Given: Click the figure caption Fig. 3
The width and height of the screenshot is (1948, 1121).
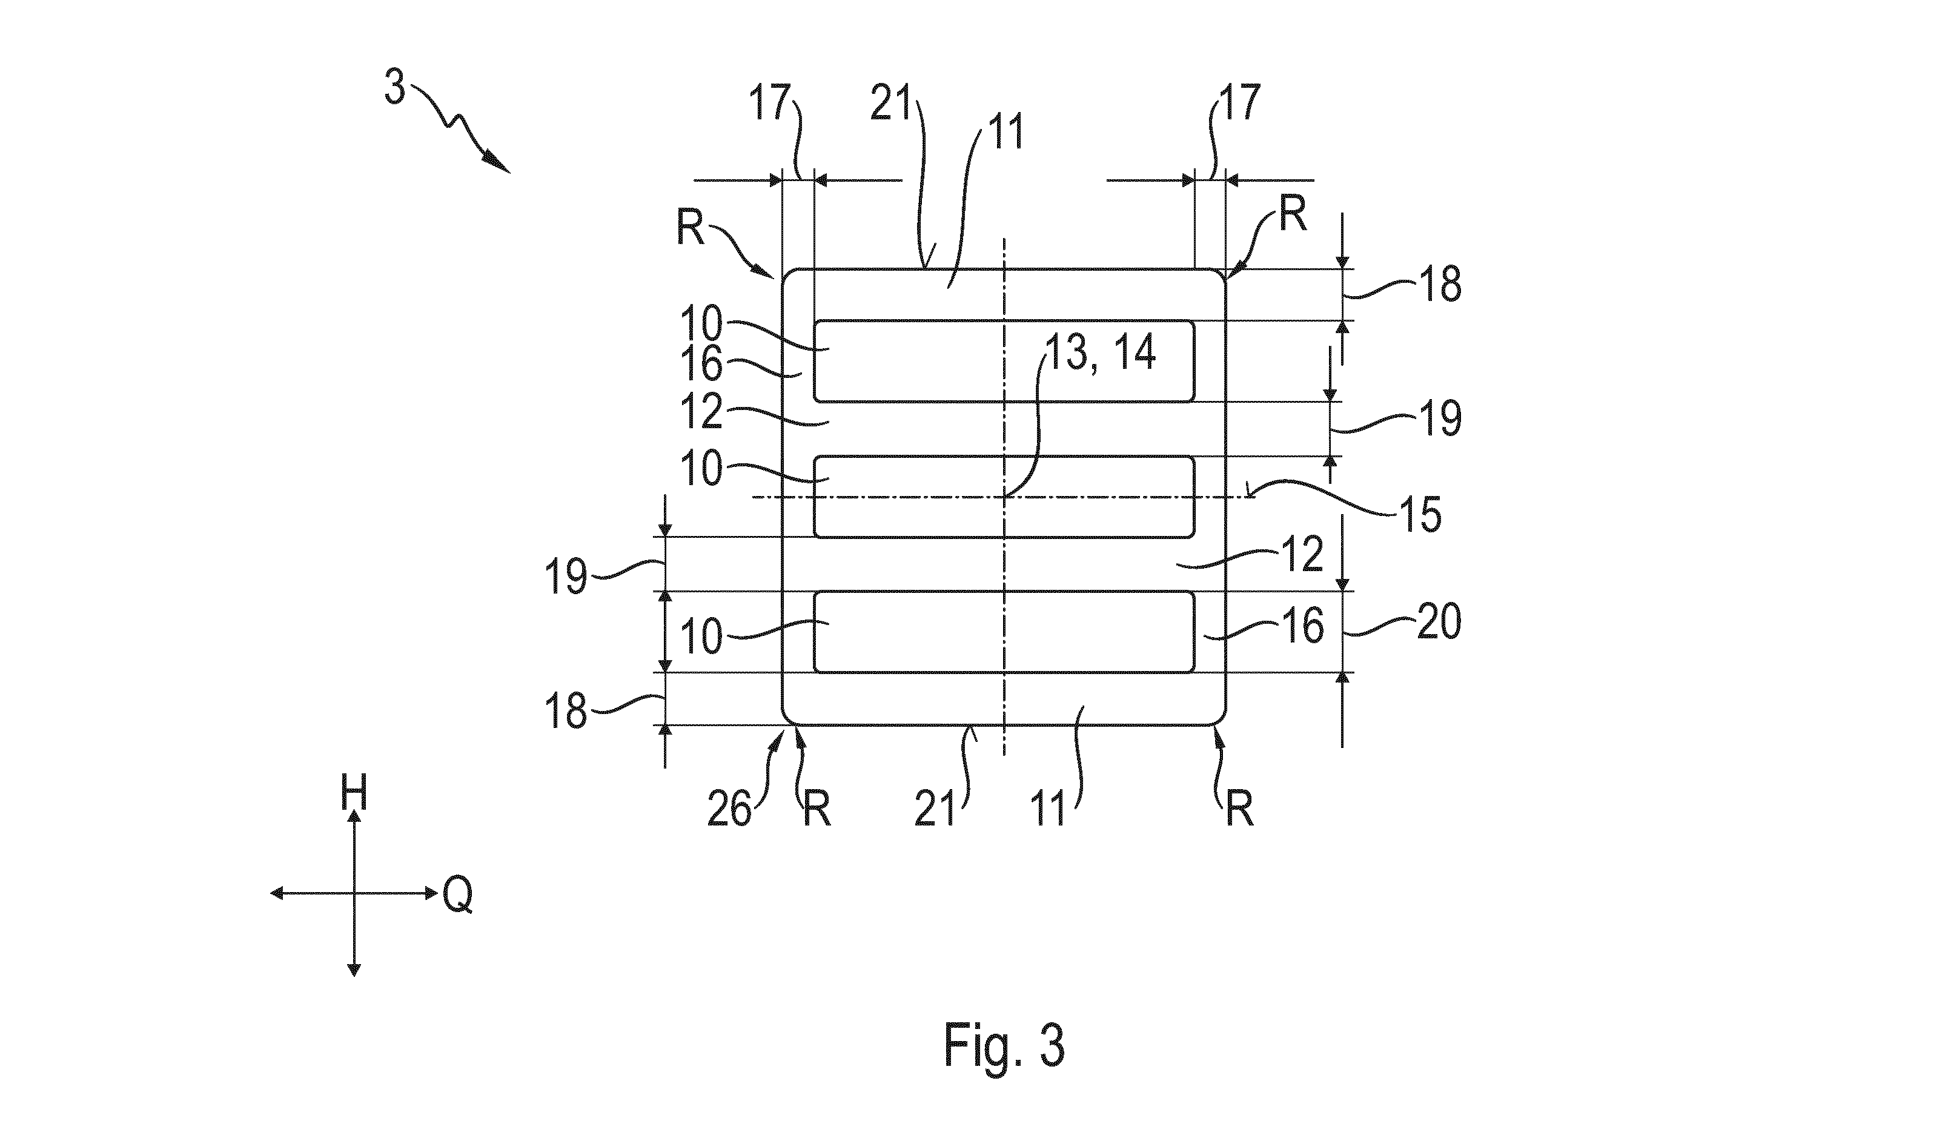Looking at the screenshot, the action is pyautogui.click(x=1004, y=1045).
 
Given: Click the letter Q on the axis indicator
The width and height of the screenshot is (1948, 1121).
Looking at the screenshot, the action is pyautogui.click(x=457, y=896).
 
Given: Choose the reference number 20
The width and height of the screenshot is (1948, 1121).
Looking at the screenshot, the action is pyautogui.click(x=1439, y=622).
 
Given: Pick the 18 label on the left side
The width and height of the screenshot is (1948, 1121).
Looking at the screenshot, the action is pyautogui.click(x=566, y=712).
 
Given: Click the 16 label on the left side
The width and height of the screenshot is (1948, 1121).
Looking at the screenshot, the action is pyautogui.click(x=701, y=364).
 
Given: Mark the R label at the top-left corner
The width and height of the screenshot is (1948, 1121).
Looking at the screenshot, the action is pyautogui.click(x=691, y=228).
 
